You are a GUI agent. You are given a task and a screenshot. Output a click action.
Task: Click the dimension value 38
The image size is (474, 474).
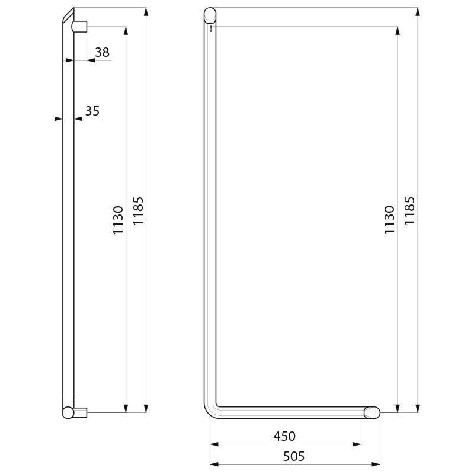pyautogui.click(x=102, y=52)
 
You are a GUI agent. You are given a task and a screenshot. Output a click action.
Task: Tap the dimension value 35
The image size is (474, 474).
pyautogui.click(x=92, y=111)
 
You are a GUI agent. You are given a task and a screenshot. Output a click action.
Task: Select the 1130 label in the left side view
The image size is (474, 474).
pyautogui.click(x=118, y=220)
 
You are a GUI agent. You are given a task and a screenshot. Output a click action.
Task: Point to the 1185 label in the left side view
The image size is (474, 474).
pyautogui.click(x=138, y=211)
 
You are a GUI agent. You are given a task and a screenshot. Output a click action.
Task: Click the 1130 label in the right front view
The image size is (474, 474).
pyautogui.click(x=389, y=220)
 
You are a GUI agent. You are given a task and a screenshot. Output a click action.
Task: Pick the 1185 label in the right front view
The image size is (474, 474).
pyautogui.click(x=410, y=211)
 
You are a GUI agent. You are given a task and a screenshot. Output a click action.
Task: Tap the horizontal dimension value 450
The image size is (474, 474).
pyautogui.click(x=284, y=436)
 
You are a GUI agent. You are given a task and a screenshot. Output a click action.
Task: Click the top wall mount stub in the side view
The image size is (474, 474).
pyautogui.click(x=80, y=27)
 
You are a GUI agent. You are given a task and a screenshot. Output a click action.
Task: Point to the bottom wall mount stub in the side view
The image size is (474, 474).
pyautogui.click(x=81, y=412)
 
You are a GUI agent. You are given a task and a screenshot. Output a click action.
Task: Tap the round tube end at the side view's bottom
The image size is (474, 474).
pyautogui.click(x=68, y=412)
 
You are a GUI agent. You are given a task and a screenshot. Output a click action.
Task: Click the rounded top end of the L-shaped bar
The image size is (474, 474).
pyautogui.click(x=210, y=15)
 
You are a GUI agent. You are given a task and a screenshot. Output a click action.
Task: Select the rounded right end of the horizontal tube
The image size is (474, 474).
pyautogui.click(x=372, y=412)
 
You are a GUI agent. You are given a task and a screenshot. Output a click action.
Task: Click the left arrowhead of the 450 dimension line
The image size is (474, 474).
pyautogui.click(x=214, y=444)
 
